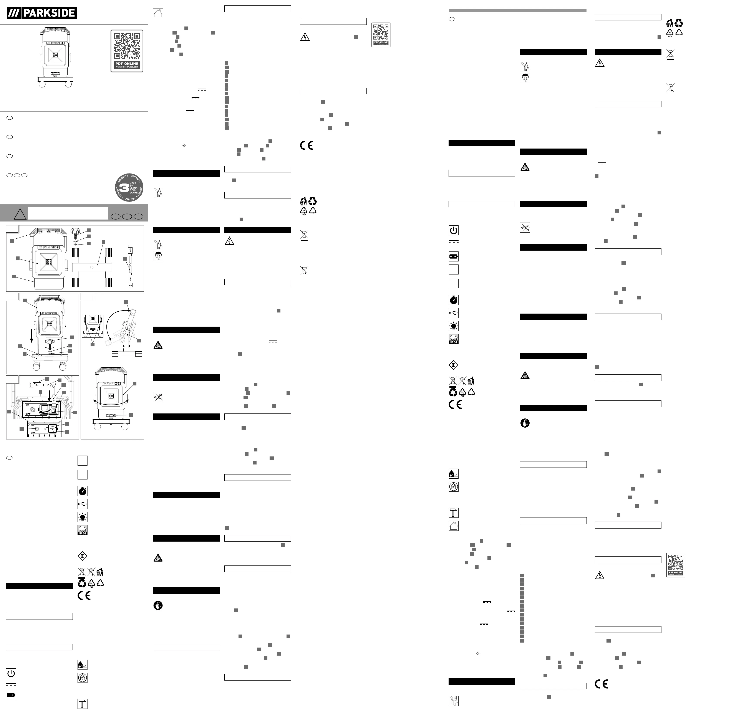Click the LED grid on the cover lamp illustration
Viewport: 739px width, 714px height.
[55, 55]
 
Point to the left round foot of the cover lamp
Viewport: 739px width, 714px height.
[42, 84]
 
